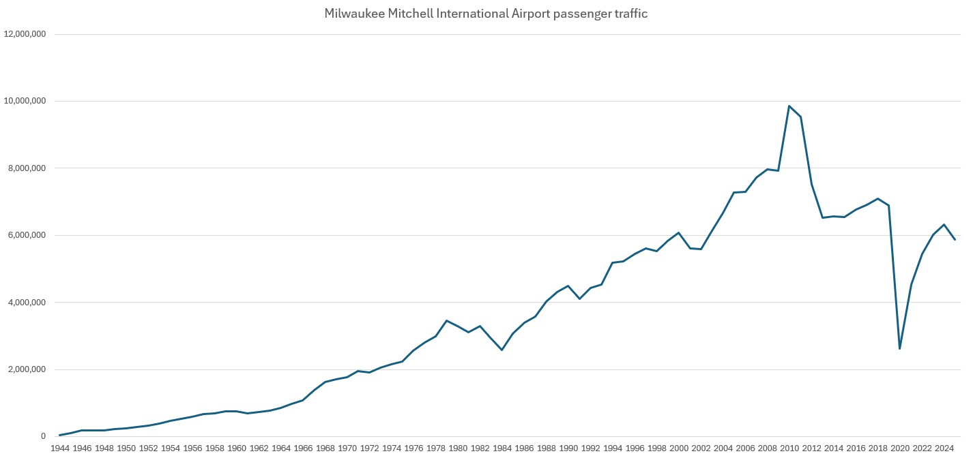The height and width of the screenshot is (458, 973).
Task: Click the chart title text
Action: point(486,14)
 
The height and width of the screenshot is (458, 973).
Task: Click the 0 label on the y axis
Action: point(42,436)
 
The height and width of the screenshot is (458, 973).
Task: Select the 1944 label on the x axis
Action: point(60,448)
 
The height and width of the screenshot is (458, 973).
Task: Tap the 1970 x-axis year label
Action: point(347,448)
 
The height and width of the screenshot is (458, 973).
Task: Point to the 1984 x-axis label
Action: point(502,448)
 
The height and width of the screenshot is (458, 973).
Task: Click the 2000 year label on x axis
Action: point(679,448)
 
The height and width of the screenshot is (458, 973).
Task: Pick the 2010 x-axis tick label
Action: point(789,448)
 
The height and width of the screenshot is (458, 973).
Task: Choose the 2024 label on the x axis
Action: point(944,448)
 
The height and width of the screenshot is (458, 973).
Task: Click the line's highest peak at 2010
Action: point(789,106)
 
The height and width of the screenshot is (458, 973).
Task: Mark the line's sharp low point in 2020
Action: point(900,349)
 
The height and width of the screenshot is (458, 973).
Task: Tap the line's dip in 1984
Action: point(502,350)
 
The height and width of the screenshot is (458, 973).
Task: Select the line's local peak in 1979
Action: point(446,320)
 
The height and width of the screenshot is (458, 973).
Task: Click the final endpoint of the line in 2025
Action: point(955,240)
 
